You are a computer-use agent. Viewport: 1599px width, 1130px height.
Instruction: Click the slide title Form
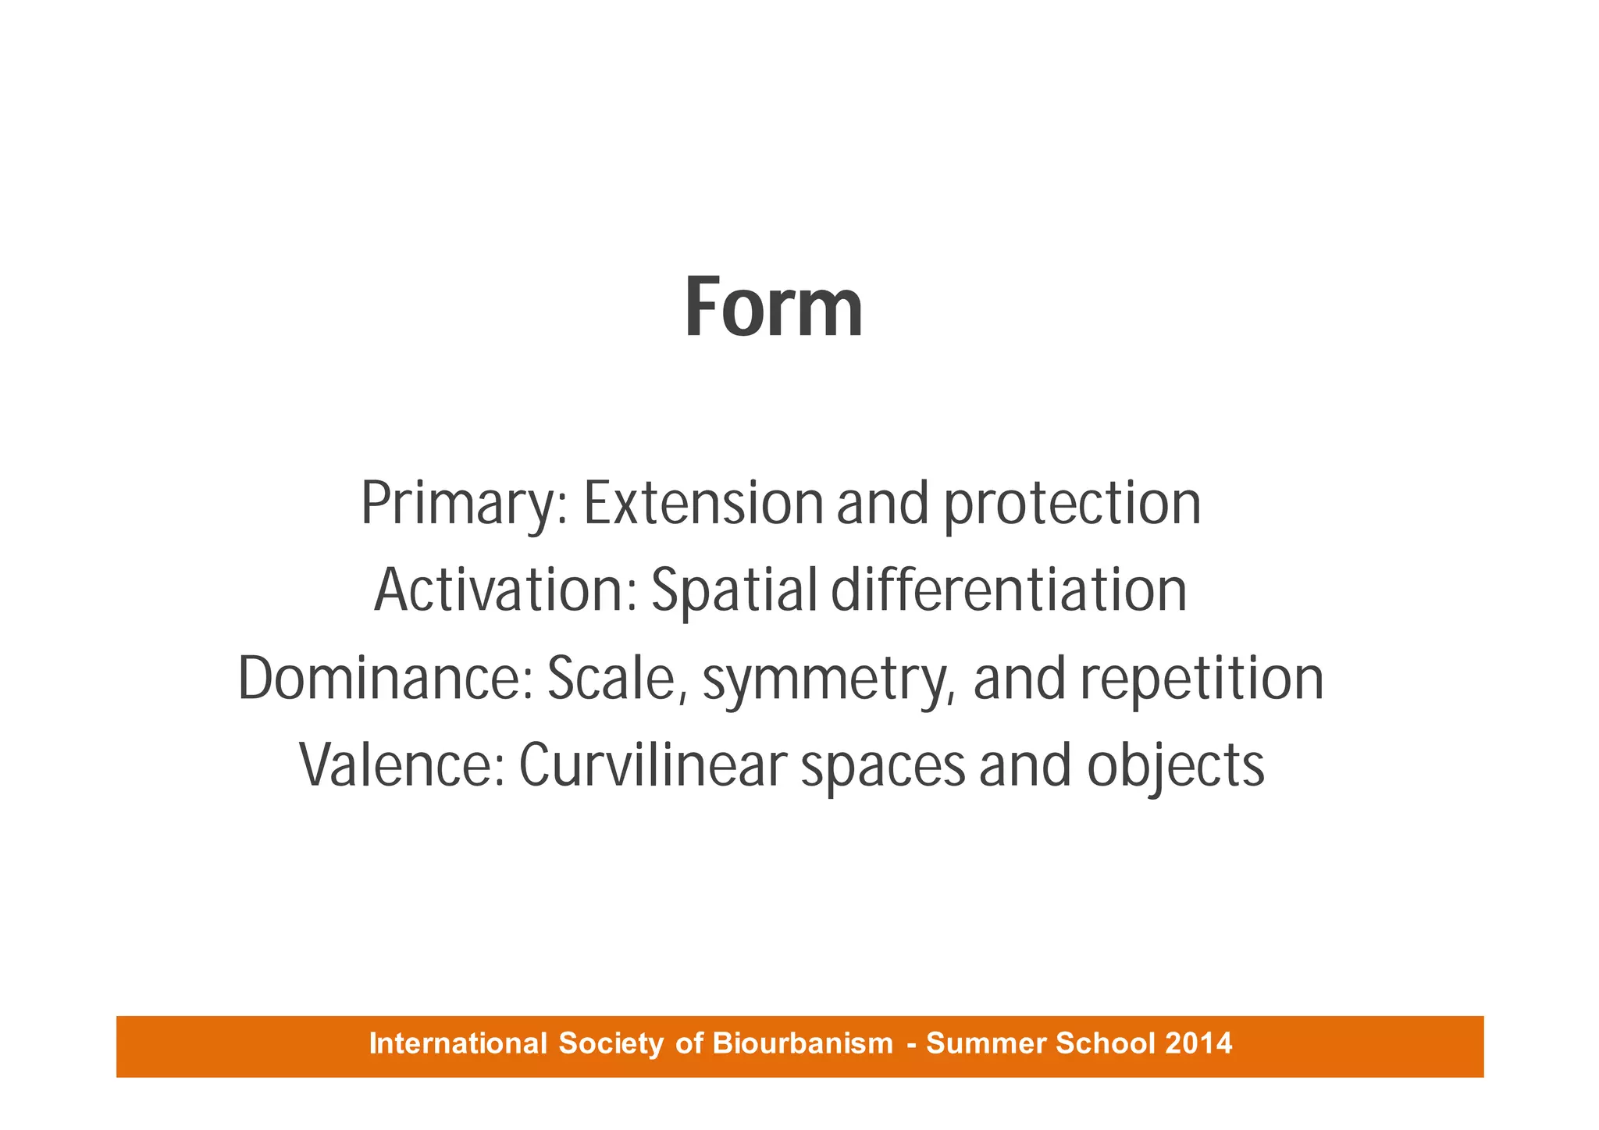(x=774, y=308)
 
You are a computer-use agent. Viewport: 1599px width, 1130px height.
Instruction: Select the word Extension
(x=703, y=504)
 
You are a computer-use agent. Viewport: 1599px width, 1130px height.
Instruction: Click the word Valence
(x=403, y=765)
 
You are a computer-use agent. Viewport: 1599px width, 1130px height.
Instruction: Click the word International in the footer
(x=458, y=1043)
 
